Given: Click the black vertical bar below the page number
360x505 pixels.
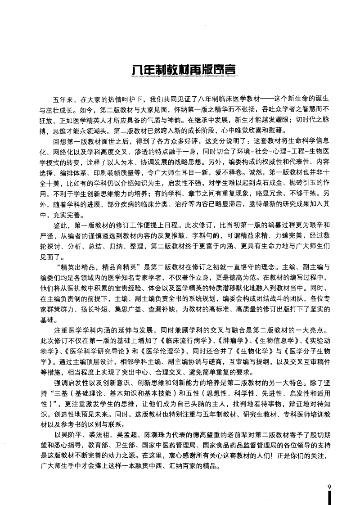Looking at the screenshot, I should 330,497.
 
